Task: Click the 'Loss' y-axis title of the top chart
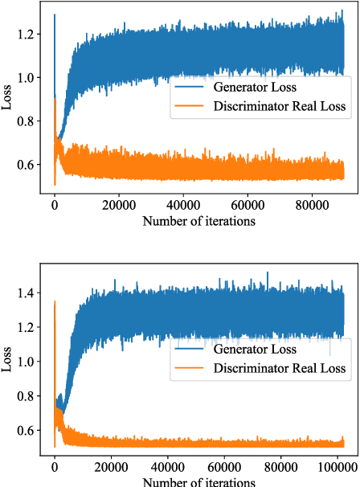pyautogui.click(x=7, y=101)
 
